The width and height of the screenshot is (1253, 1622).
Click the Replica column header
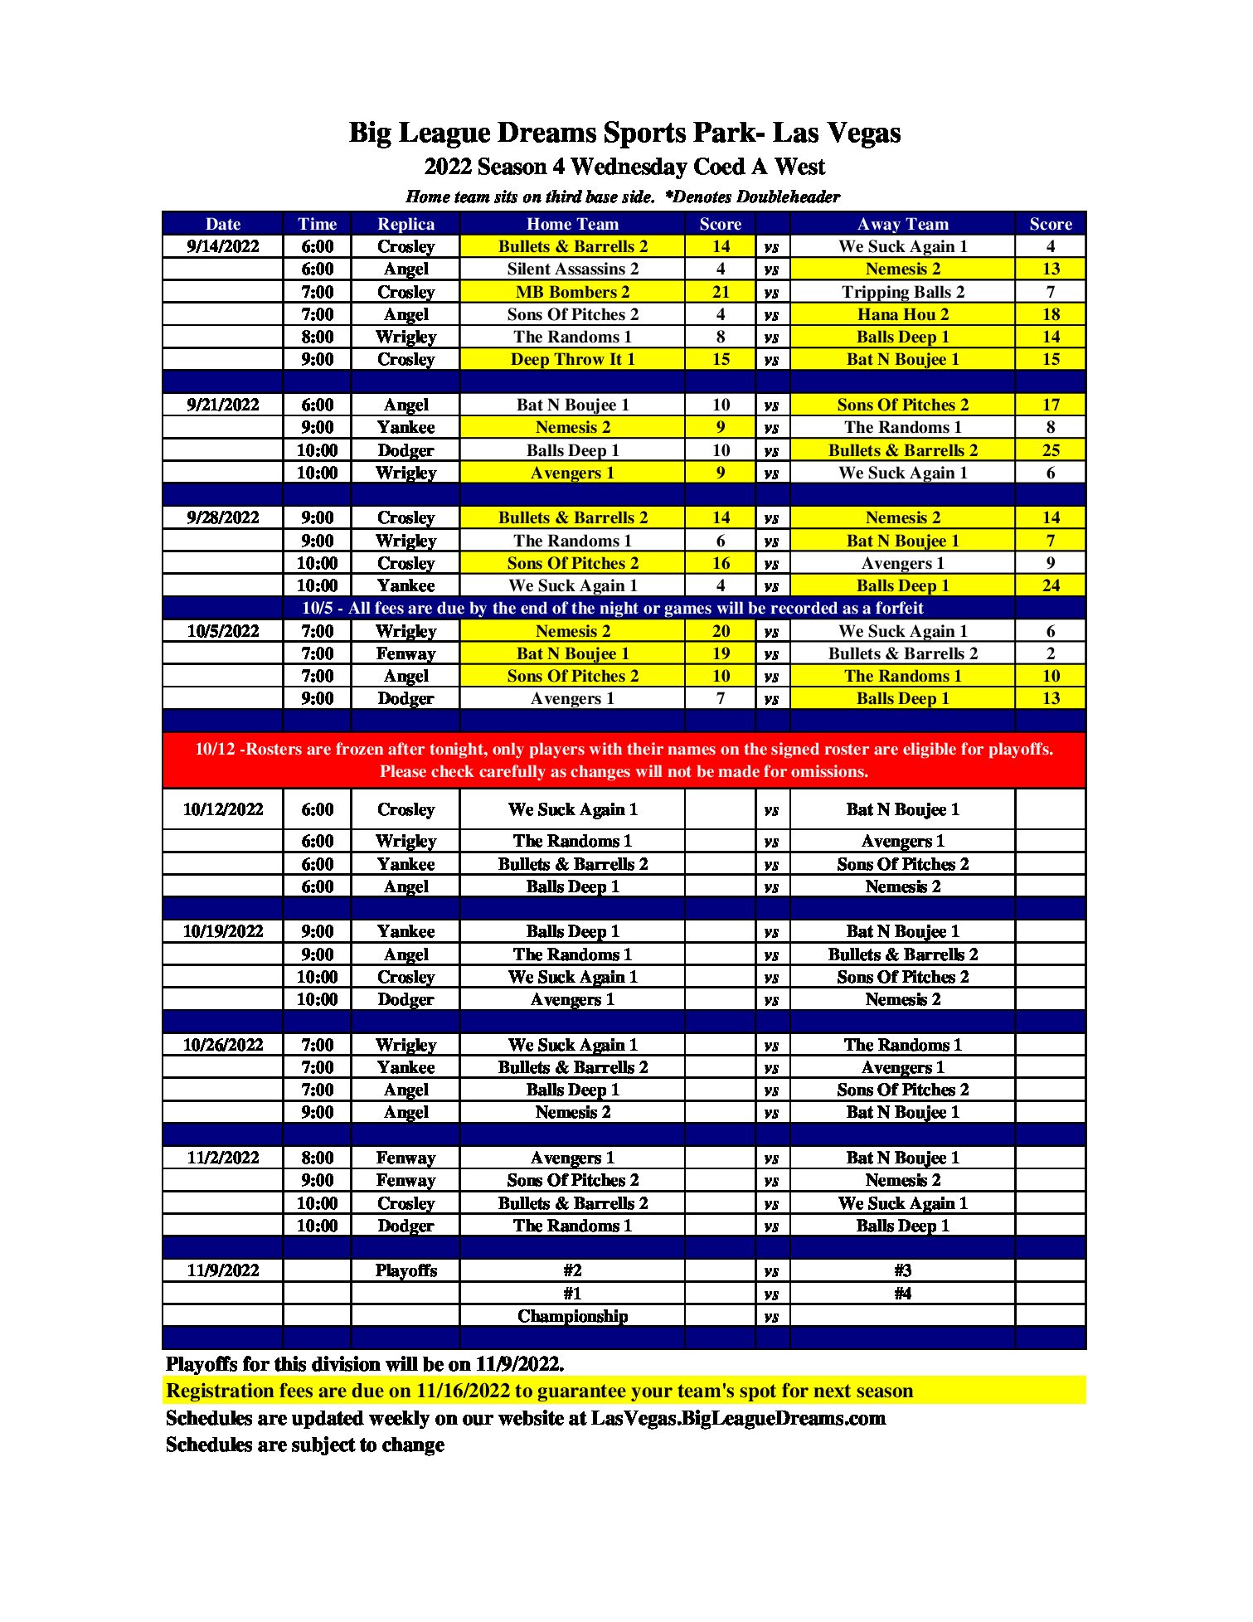pyautogui.click(x=406, y=224)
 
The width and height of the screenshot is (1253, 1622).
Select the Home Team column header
pyautogui.click(x=572, y=224)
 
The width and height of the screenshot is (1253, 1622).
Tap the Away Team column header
pyautogui.click(x=902, y=224)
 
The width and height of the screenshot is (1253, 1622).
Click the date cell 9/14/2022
pyautogui.click(x=222, y=246)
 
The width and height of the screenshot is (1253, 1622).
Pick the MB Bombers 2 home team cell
pyautogui.click(x=572, y=292)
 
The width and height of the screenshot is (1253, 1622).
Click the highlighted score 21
pyautogui.click(x=721, y=292)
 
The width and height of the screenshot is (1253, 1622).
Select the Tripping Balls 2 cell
pyautogui.click(x=902, y=292)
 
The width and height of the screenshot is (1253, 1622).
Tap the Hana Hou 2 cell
pyautogui.click(x=902, y=314)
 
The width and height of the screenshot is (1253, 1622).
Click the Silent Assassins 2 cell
pyautogui.click(x=572, y=269)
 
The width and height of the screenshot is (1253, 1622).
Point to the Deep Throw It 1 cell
pyautogui.click(x=572, y=359)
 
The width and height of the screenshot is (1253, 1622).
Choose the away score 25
pyautogui.click(x=1051, y=450)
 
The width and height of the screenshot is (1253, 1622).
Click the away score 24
pyautogui.click(x=1051, y=585)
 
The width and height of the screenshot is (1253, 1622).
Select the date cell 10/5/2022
pyautogui.click(x=222, y=631)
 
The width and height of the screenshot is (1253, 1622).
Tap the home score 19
pyautogui.click(x=721, y=653)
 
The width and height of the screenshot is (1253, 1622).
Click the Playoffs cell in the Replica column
pyautogui.click(x=406, y=1270)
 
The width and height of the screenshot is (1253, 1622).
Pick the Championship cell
pyautogui.click(x=572, y=1316)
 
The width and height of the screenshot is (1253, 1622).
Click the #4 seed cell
pyautogui.click(x=902, y=1294)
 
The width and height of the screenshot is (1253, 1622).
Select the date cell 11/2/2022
pyautogui.click(x=222, y=1158)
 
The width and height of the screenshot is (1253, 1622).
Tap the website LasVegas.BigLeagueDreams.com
pyautogui.click(x=738, y=1418)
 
